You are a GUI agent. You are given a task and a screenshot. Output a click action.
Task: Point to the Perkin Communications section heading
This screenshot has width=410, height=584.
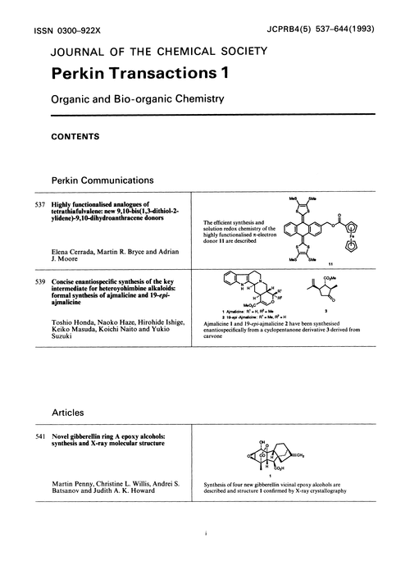110,179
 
